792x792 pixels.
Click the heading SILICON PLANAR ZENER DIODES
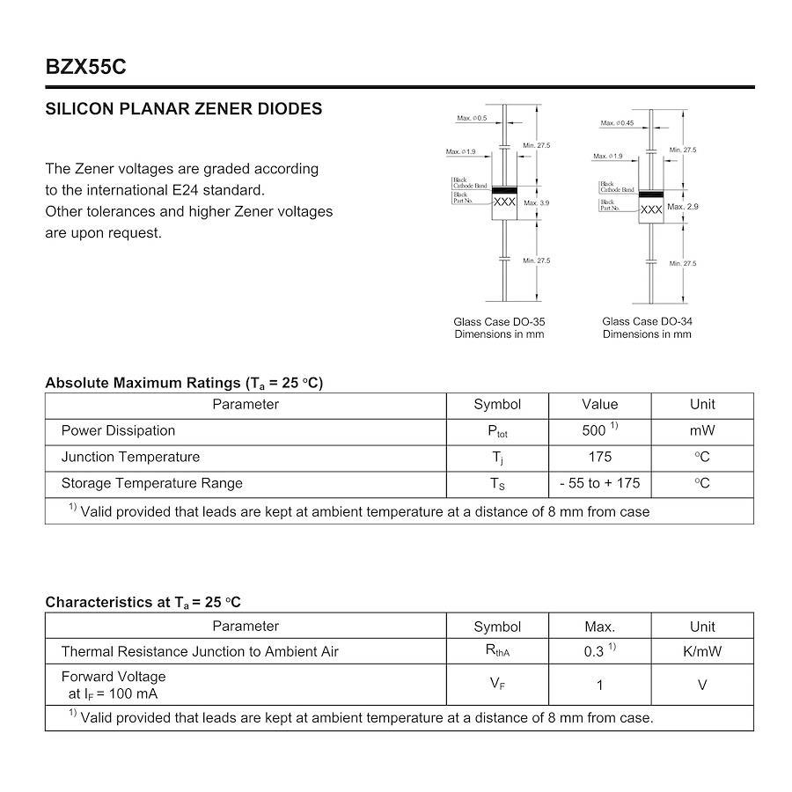[184, 109]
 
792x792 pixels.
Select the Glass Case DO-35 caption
[499, 322]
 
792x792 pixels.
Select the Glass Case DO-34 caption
[647, 322]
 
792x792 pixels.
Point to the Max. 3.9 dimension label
[537, 203]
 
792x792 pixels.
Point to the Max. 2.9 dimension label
[683, 207]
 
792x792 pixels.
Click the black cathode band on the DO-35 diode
[504, 190]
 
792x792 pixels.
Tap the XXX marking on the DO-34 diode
[651, 210]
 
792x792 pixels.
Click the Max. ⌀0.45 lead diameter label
[618, 123]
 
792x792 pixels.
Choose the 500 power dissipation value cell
[598, 430]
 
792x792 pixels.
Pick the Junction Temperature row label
[130, 457]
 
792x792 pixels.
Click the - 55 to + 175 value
[599, 483]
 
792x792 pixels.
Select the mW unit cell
[702, 430]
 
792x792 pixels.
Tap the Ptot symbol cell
[497, 431]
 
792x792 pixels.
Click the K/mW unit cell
[702, 651]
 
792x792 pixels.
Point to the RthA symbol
[497, 652]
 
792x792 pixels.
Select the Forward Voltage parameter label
[114, 677]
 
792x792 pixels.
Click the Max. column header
[599, 627]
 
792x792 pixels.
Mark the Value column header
[599, 405]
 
